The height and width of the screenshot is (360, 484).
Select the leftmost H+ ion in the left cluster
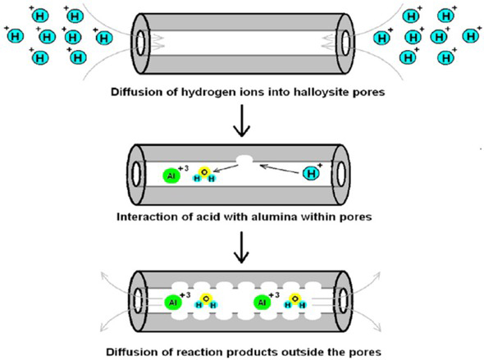[x=14, y=34]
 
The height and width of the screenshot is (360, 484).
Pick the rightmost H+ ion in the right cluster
[x=472, y=35]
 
